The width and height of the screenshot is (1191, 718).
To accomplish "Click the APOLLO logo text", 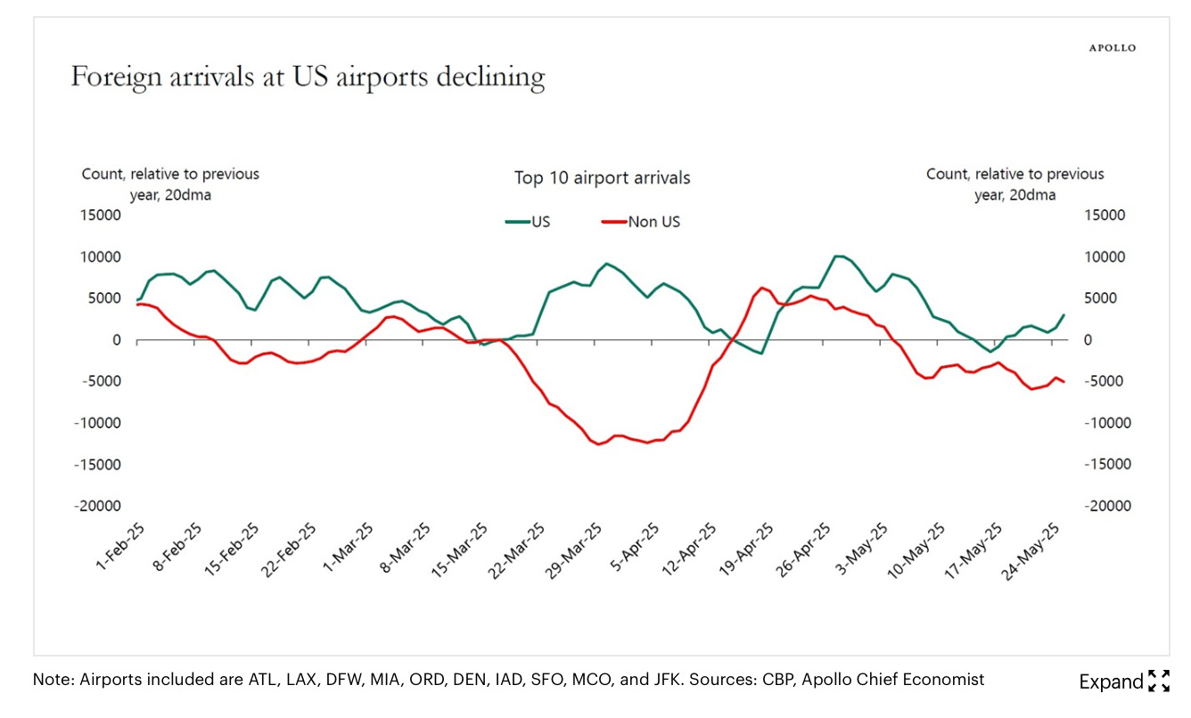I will click(x=1113, y=48).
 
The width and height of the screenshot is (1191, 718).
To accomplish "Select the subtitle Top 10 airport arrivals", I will click(x=602, y=178).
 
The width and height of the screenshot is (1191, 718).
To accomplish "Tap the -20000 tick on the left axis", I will click(x=99, y=506).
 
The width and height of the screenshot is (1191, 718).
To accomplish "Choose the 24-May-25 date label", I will click(x=1031, y=550).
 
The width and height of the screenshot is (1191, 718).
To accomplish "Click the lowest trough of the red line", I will click(x=598, y=444).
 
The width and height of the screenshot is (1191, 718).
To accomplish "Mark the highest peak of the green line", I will click(x=837, y=256).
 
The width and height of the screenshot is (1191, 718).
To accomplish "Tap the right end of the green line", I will click(x=1064, y=314).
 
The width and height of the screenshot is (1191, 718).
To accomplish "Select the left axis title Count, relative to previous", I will click(x=170, y=175).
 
